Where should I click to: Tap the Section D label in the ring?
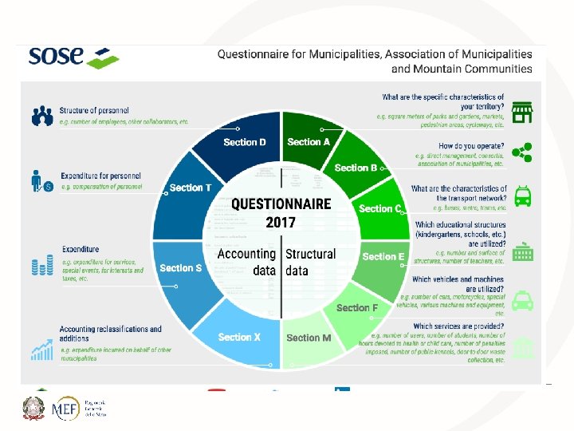tap(245, 142)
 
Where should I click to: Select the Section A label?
tap(309, 142)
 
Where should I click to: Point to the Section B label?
tap(356, 168)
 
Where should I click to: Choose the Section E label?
tap(383, 257)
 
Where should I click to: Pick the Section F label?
tap(357, 308)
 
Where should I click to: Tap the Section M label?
tap(309, 338)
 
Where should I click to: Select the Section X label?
tap(239, 337)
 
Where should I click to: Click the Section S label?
tap(181, 268)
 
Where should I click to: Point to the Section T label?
tap(191, 188)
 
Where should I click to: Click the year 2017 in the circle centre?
tap(281, 221)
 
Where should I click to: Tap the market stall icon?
tap(522, 112)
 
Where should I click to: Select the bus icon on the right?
tap(522, 196)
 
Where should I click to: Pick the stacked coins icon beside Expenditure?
tap(41, 265)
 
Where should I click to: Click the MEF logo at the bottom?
tap(65, 409)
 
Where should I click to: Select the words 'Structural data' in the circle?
tap(311, 262)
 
